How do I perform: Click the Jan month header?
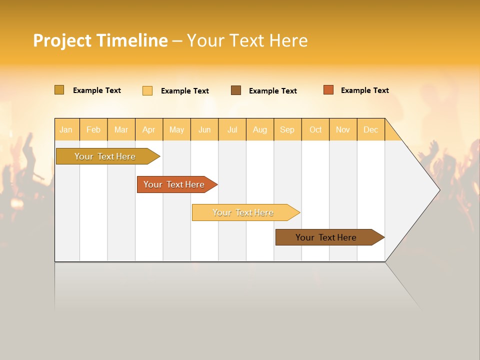66,129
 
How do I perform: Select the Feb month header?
93,129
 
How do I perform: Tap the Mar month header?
121,129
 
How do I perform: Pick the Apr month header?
149,129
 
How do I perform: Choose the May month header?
176,129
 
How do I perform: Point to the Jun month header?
204,129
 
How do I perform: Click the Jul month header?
232,129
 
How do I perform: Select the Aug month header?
260,129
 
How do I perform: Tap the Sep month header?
287,129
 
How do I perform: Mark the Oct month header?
315,129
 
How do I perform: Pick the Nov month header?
343,129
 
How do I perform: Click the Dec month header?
371,129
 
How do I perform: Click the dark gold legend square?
59,90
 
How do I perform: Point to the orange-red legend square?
328,90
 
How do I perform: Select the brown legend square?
236,90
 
